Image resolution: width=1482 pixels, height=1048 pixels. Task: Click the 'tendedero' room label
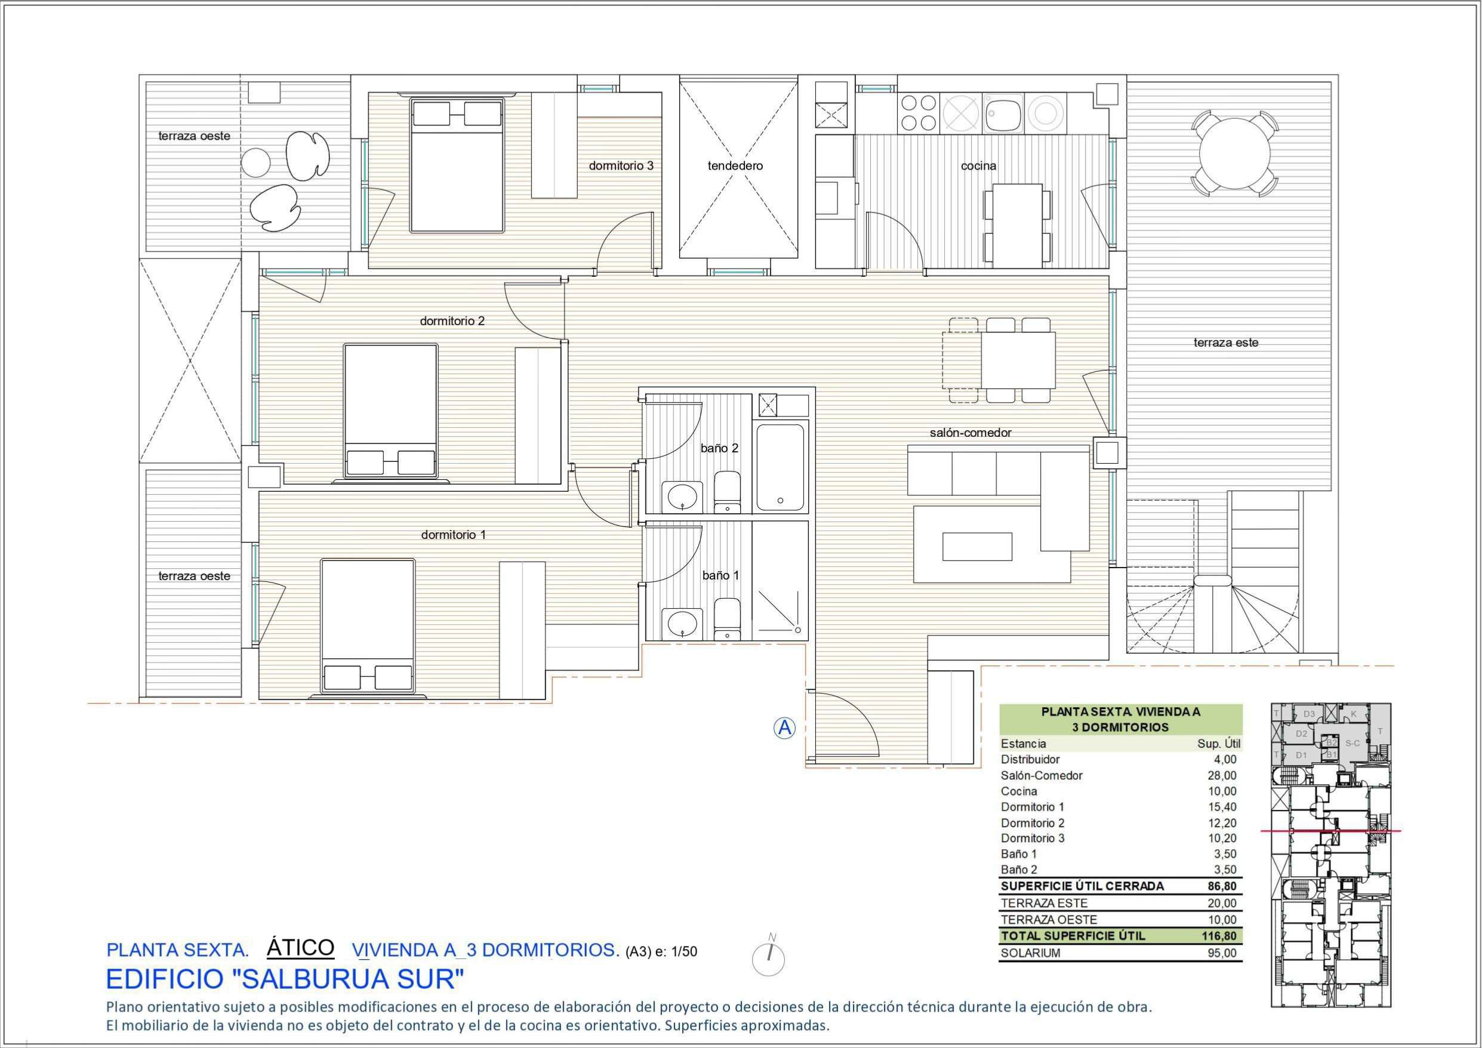tap(735, 166)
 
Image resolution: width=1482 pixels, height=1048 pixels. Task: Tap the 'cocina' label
tap(978, 166)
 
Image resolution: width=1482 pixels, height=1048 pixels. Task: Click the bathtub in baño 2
tap(780, 466)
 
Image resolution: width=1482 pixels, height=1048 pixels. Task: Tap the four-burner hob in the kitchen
tap(918, 112)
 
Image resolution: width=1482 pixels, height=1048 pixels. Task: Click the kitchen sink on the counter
tap(1002, 113)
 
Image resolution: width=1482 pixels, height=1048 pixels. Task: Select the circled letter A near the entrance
tap(784, 728)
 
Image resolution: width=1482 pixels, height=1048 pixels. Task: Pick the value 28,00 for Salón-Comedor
tap(1222, 776)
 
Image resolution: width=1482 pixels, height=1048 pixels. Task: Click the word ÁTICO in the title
tap(300, 947)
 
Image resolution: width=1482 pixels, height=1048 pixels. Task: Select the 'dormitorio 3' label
tap(620, 166)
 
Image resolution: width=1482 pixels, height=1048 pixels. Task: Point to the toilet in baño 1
tap(728, 618)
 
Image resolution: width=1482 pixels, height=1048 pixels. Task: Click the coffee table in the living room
tap(976, 546)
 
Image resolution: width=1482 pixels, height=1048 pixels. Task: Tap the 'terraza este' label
tap(1225, 343)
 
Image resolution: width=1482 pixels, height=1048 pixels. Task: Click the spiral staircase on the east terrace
tap(1213, 613)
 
